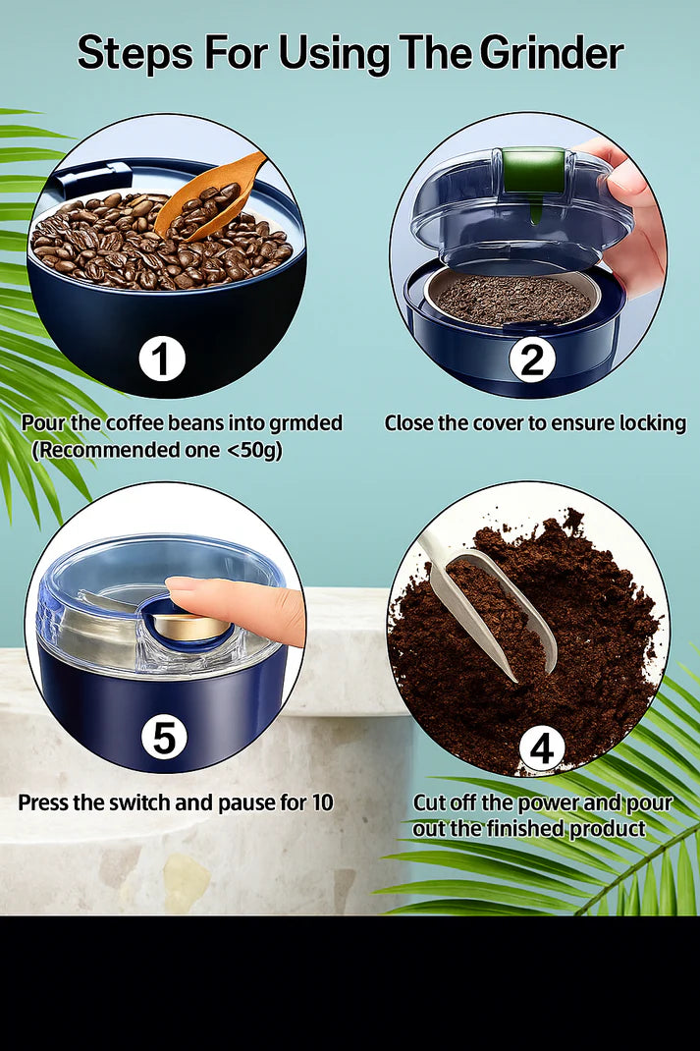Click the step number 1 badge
(x=162, y=360)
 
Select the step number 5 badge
(x=164, y=736)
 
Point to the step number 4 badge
(x=541, y=749)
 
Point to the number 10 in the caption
(x=321, y=802)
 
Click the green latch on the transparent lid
(x=533, y=171)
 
